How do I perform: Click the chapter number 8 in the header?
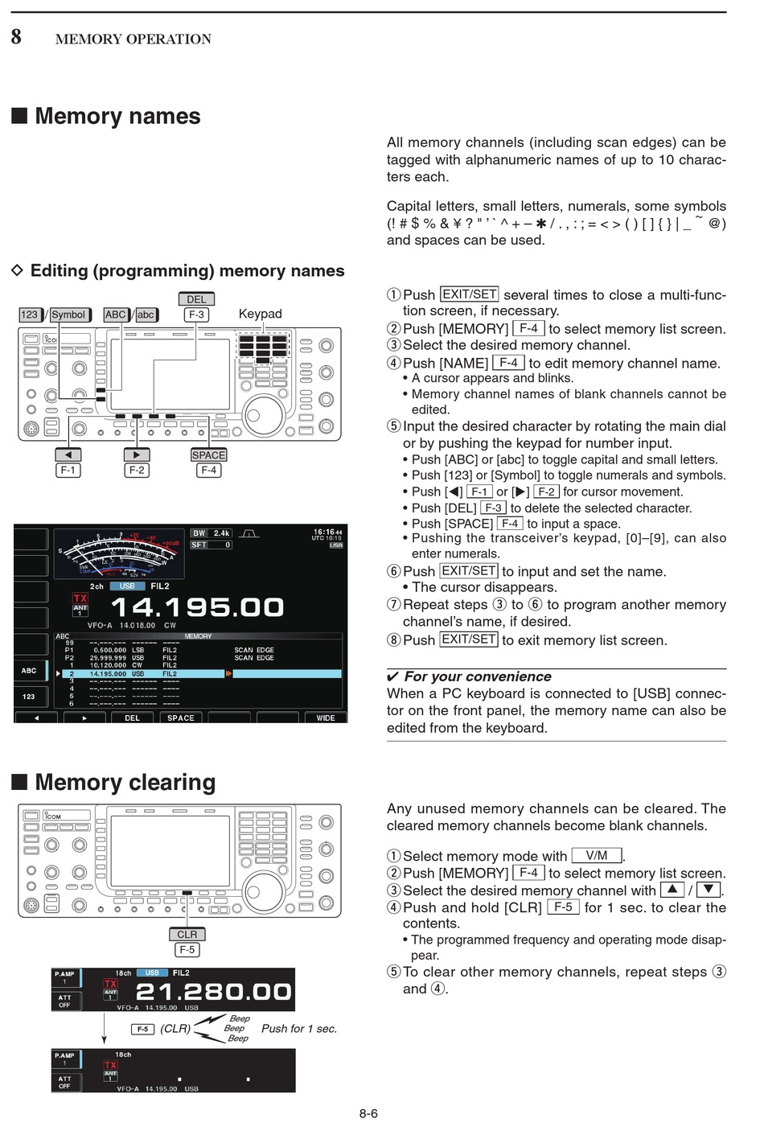point(16,36)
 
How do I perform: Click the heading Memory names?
point(117,117)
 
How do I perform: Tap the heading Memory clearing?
point(125,783)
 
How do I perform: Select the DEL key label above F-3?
point(196,299)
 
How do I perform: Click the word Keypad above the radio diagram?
point(260,314)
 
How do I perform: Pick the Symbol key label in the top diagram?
point(68,315)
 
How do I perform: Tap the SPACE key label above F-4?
point(208,455)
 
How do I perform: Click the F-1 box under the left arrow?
point(68,470)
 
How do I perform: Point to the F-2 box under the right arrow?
point(137,470)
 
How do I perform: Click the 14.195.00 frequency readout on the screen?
point(197,607)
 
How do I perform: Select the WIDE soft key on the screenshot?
point(326,718)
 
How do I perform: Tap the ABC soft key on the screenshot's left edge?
point(29,670)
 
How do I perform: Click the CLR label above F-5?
point(187,934)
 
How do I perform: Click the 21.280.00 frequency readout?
point(213,991)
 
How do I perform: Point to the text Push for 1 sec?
point(299,1029)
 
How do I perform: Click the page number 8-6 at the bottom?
point(368,1113)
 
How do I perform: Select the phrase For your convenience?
point(478,677)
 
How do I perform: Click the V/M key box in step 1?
point(597,856)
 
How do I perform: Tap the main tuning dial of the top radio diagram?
point(263,414)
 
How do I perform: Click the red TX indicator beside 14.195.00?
point(80,598)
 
